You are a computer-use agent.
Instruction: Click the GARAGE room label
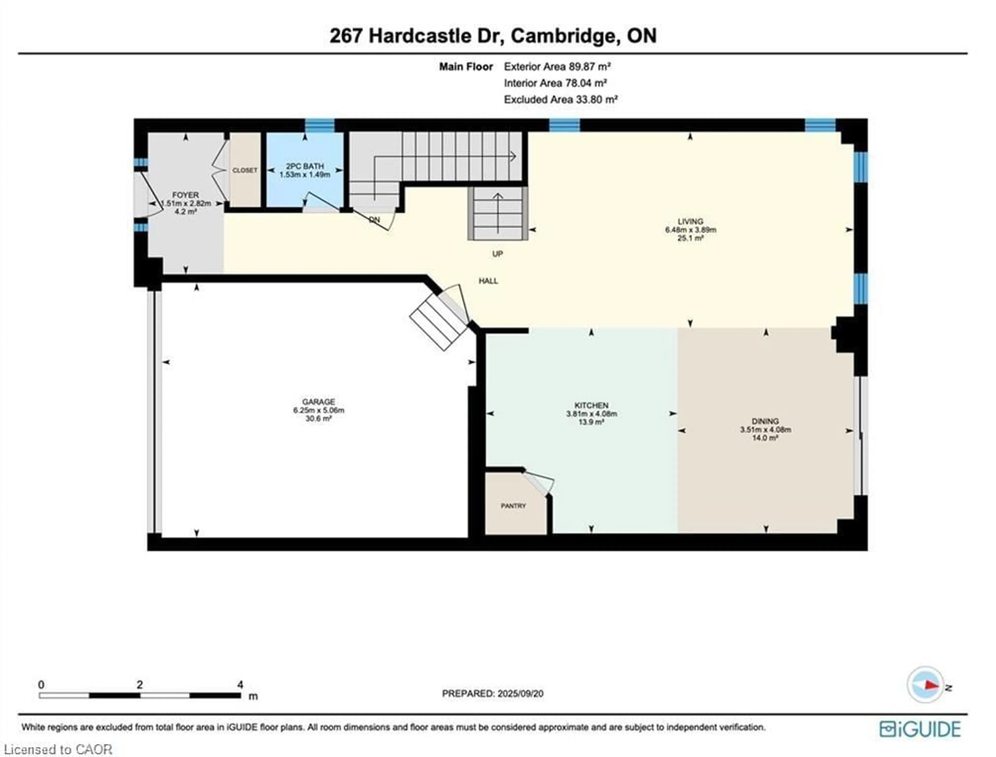tap(318, 401)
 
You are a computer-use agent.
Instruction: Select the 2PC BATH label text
tap(305, 166)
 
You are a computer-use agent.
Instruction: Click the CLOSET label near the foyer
tap(245, 170)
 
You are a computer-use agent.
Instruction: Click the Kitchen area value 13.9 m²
tap(591, 422)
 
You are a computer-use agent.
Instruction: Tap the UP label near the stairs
tap(497, 254)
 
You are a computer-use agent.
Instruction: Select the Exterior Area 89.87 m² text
tap(557, 67)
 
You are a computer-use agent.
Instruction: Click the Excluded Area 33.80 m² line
tap(560, 100)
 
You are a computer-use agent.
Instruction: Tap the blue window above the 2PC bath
tap(320, 125)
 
